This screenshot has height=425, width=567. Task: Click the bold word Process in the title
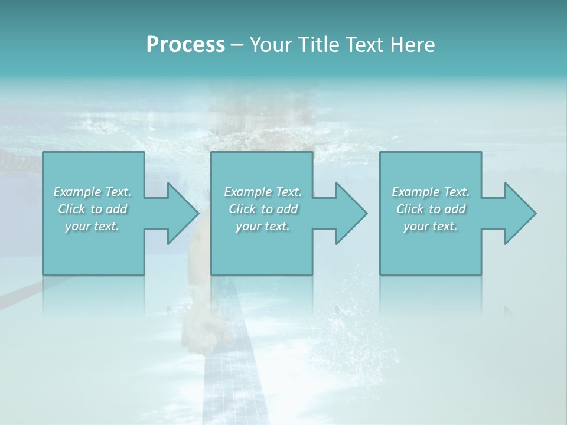click(x=185, y=45)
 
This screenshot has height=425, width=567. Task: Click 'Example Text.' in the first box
click(x=92, y=192)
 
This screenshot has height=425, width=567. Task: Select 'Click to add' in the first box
click(x=92, y=209)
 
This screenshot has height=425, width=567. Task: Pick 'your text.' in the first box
click(x=92, y=226)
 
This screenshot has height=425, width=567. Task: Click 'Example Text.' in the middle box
click(x=262, y=192)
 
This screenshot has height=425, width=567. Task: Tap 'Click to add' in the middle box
click(x=262, y=209)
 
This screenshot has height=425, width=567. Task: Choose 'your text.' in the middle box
click(x=262, y=226)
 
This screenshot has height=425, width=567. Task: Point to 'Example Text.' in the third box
click(x=431, y=192)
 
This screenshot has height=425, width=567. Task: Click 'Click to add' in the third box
click(x=431, y=209)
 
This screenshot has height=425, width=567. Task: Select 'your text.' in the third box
click(x=431, y=226)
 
